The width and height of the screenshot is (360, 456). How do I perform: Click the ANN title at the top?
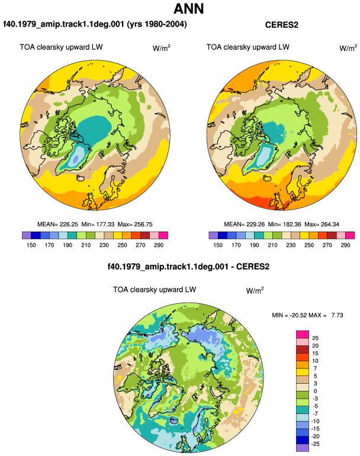188,9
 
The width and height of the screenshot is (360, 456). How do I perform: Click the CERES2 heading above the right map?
281,25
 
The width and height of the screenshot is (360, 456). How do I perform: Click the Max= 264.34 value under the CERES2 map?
322,224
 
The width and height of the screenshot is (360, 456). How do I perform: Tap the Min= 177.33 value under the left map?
98,224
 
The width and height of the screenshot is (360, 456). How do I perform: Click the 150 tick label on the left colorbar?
31,245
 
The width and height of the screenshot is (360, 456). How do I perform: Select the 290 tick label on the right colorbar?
345,245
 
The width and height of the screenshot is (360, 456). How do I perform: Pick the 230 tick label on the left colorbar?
104,245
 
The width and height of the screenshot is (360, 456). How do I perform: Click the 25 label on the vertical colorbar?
315,338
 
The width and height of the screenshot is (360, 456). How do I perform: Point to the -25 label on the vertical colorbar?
315,444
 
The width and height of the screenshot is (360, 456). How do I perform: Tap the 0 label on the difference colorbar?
315,391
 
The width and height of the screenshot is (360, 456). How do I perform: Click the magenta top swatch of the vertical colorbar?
303,335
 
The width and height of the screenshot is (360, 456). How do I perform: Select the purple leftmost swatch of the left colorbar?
27,235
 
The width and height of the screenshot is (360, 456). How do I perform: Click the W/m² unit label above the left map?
162,48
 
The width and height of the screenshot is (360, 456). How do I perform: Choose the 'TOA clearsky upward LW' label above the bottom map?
155,290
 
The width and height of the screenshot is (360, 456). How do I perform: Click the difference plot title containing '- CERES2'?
188,266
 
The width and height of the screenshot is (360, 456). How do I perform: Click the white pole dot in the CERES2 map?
282,135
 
